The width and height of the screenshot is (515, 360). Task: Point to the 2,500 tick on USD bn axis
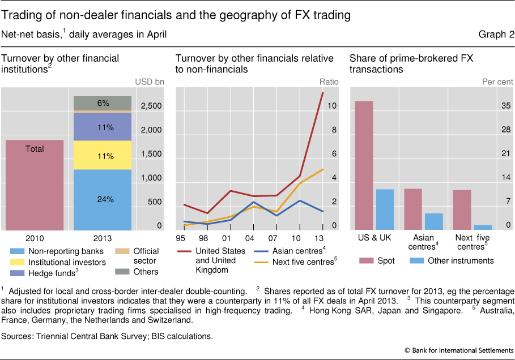click(x=151, y=106)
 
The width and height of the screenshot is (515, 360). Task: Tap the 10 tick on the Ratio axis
click(x=333, y=106)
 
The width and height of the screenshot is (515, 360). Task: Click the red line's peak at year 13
click(x=323, y=92)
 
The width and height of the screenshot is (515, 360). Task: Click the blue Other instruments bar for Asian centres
click(x=433, y=221)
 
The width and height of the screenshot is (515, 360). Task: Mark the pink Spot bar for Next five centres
click(x=462, y=209)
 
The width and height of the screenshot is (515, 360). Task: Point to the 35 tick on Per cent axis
click(x=507, y=106)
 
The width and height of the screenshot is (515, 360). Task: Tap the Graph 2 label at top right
click(x=496, y=35)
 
